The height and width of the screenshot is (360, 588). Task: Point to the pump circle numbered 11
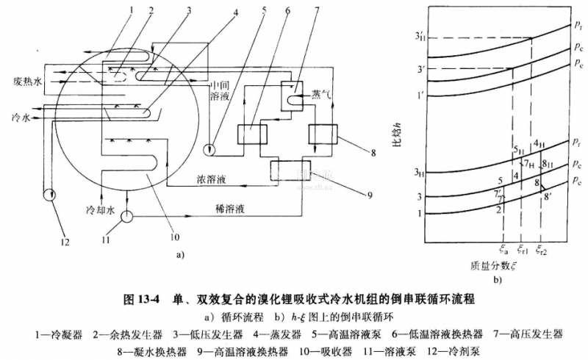[126, 217]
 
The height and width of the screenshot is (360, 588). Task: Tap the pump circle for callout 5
[211, 149]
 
